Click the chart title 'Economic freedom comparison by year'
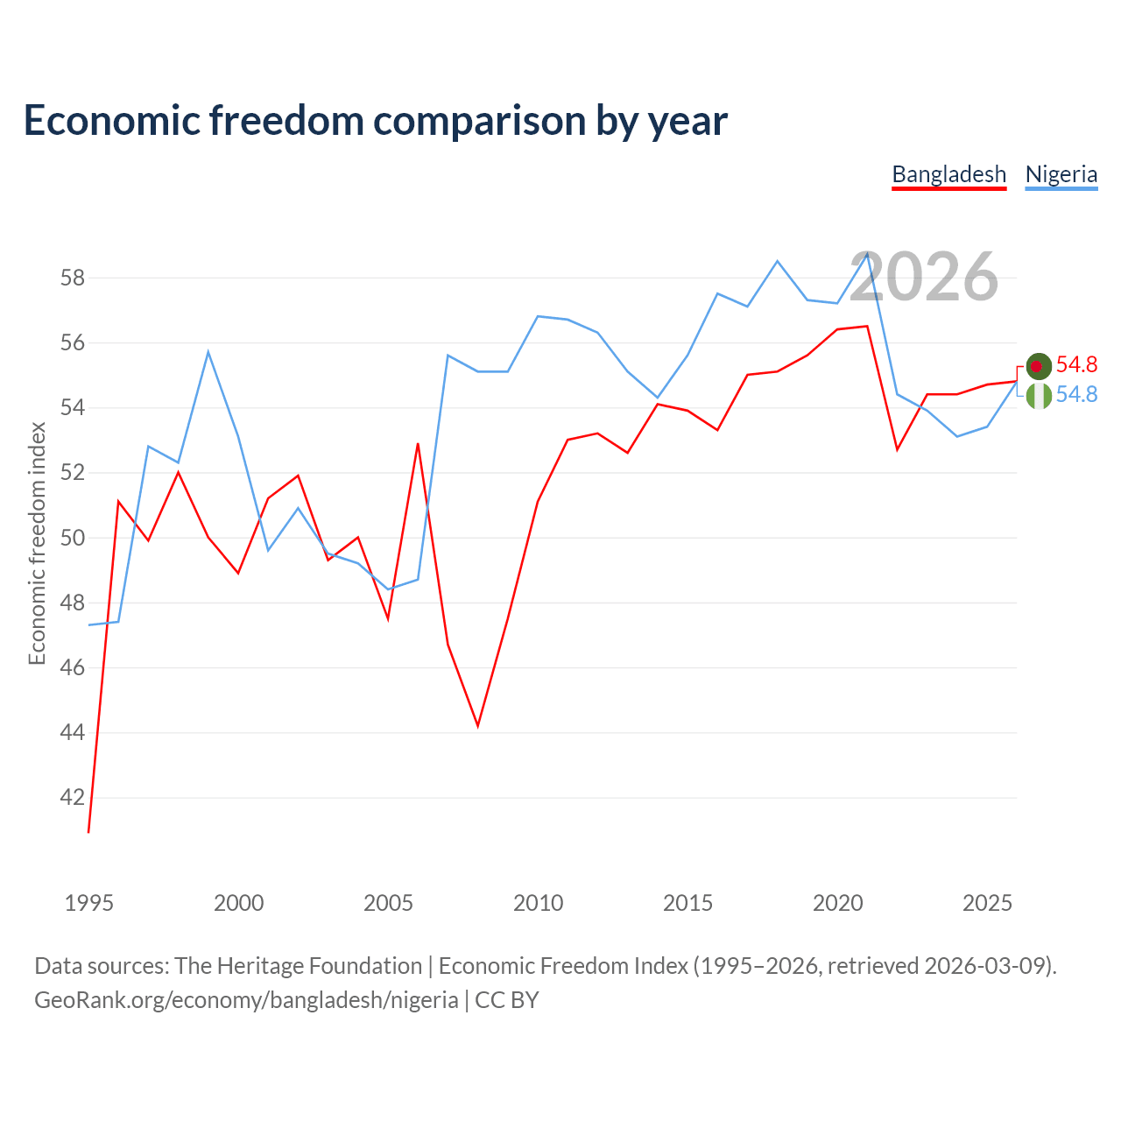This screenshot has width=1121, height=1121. point(375,121)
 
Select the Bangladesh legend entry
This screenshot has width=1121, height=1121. point(948,175)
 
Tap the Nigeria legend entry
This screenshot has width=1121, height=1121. point(1061,175)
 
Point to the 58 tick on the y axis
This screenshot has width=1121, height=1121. point(73,278)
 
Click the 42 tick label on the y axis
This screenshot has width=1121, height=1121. point(73,797)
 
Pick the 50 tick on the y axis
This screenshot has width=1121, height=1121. point(73,538)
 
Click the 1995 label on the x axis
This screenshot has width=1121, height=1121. point(89,903)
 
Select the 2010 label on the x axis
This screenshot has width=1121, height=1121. point(538,903)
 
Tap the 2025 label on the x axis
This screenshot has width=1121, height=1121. point(987,903)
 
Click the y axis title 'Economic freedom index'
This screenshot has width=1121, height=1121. point(38,543)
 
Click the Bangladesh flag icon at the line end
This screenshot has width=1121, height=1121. point(1039,366)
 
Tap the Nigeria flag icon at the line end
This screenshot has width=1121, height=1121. point(1039,396)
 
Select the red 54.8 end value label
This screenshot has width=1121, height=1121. point(1076,364)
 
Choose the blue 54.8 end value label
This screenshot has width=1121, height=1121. point(1076,394)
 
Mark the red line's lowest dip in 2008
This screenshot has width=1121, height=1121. point(477,726)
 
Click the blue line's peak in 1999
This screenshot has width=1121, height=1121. point(208,352)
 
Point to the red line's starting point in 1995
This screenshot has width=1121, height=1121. point(88,832)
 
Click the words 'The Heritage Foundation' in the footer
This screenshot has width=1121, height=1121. point(299,966)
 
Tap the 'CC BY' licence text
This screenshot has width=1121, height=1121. point(507,1000)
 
